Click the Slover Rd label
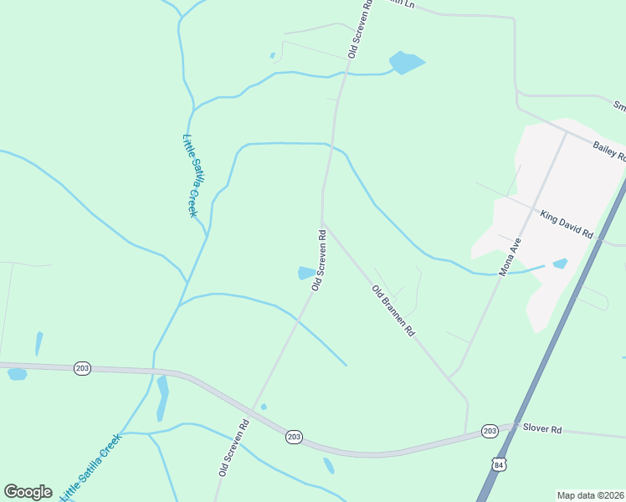pyautogui.click(x=542, y=428)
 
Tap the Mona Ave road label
pyautogui.click(x=511, y=257)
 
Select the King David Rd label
pyautogui.click(x=566, y=224)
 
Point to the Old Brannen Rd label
pyautogui.click(x=393, y=310)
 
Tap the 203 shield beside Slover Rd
pyautogui.click(x=490, y=431)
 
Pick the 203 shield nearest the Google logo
pyautogui.click(x=82, y=368)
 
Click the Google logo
pyautogui.click(x=28, y=492)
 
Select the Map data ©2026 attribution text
pyautogui.click(x=590, y=495)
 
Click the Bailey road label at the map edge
pyautogui.click(x=608, y=150)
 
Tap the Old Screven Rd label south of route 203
pyautogui.click(x=234, y=448)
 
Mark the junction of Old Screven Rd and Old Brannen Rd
pyautogui.click(x=323, y=223)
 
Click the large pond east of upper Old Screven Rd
pyautogui.click(x=406, y=63)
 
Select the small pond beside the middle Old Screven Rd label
pyautogui.click(x=306, y=273)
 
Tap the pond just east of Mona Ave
pyautogui.click(x=560, y=264)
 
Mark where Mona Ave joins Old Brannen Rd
pyautogui.click(x=451, y=378)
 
